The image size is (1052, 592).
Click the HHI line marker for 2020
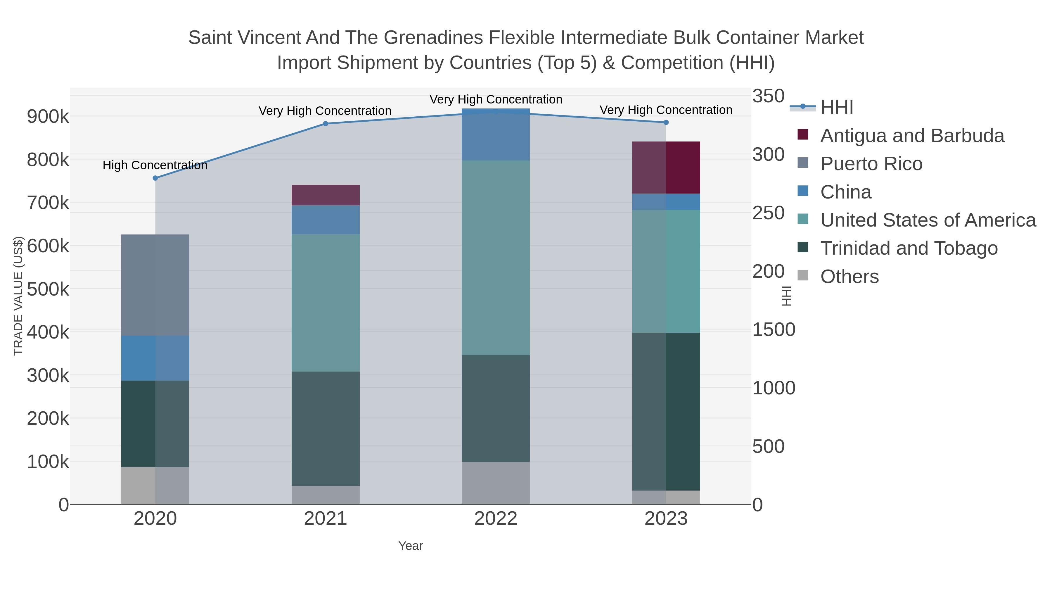(x=155, y=178)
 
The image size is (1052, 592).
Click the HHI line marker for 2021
(x=326, y=124)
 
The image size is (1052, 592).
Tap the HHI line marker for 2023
(x=666, y=122)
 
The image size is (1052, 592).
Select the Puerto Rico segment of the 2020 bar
(x=155, y=285)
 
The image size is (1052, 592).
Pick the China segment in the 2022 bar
(x=496, y=135)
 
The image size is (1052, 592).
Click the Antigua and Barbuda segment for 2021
(x=326, y=195)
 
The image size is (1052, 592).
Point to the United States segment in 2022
(x=496, y=257)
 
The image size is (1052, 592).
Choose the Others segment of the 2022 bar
(x=496, y=483)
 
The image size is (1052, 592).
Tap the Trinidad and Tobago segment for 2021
(x=326, y=428)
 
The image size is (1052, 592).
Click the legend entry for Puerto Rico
(x=871, y=164)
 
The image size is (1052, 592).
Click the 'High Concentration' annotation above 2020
(x=155, y=165)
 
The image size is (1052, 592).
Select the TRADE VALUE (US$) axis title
(x=18, y=296)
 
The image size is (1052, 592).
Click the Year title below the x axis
(x=411, y=546)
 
